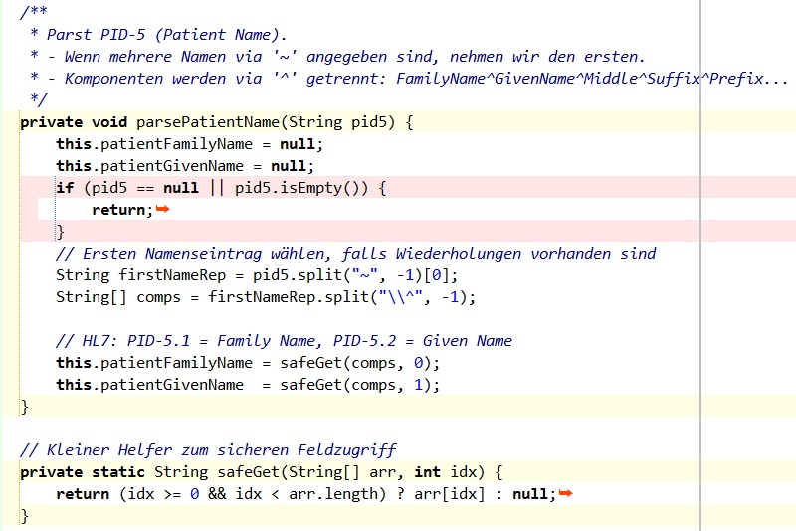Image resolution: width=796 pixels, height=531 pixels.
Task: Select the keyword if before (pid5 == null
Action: tap(65, 188)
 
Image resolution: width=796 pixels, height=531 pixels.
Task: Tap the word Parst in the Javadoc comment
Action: tap(70, 35)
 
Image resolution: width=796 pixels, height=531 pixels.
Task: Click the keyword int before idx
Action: tap(426, 472)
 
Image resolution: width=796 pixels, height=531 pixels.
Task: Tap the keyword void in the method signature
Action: tap(109, 122)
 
